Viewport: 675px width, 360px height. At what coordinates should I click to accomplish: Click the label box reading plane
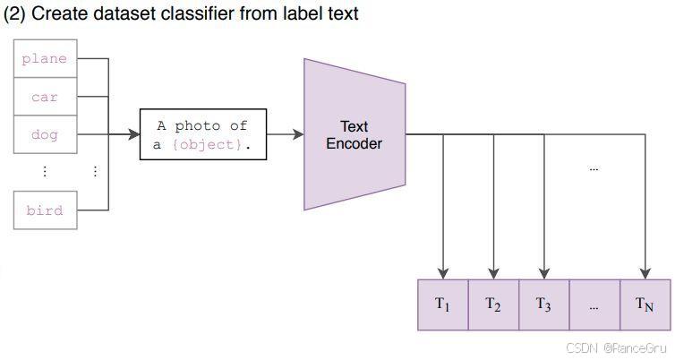click(x=44, y=59)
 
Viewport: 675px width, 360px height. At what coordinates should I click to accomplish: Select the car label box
click(x=44, y=97)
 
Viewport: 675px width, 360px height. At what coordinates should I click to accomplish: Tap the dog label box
click(x=44, y=135)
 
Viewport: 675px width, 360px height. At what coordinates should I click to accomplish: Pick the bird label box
click(x=44, y=210)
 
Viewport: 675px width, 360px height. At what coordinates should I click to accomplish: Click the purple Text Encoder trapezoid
click(x=355, y=134)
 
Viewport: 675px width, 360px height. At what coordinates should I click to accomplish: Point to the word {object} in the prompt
click(x=209, y=144)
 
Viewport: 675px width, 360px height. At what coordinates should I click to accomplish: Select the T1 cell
click(x=443, y=304)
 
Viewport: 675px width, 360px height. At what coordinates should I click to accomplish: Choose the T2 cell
click(x=493, y=304)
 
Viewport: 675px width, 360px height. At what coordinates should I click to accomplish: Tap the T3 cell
click(x=543, y=304)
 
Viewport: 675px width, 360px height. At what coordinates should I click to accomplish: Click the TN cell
click(x=645, y=304)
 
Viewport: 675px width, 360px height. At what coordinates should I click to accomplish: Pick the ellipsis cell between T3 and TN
click(x=594, y=304)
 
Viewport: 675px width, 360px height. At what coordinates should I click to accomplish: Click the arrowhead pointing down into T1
click(x=443, y=272)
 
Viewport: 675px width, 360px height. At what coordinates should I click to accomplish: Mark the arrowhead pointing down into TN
click(x=645, y=272)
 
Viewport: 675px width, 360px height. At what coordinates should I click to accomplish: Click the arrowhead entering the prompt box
click(x=135, y=134)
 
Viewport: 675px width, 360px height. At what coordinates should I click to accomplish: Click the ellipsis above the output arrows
click(x=594, y=167)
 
